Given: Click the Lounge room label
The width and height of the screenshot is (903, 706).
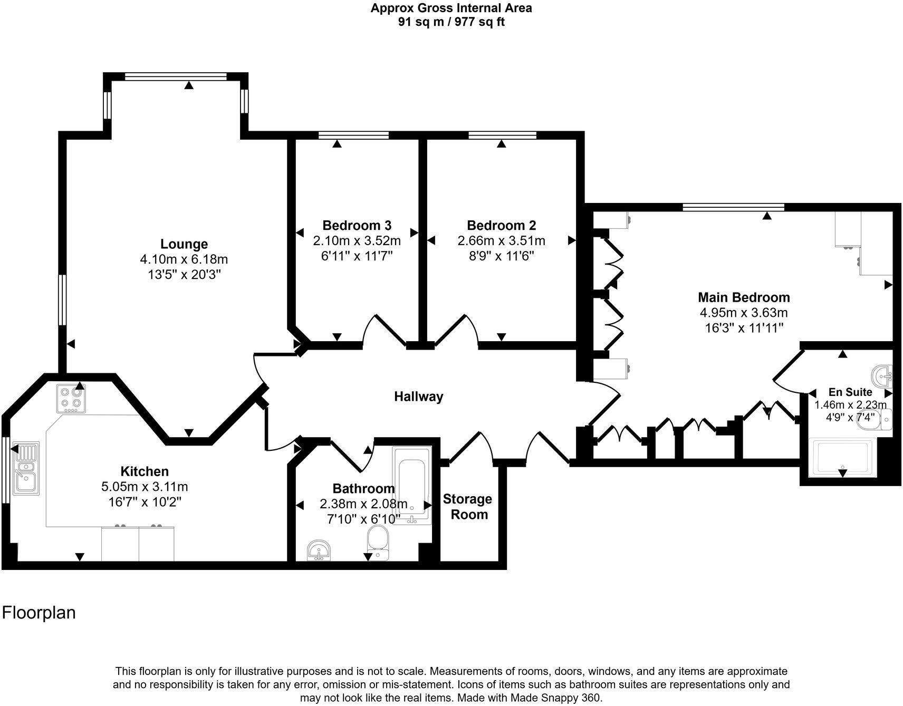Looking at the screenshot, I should (184, 244).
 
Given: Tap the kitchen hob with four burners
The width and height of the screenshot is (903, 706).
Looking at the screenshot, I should (71, 399).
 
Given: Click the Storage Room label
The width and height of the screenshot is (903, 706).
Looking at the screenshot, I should (467, 507).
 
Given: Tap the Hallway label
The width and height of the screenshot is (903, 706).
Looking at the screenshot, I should (418, 396).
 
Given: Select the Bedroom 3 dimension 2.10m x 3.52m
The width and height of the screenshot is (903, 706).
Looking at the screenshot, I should (357, 241).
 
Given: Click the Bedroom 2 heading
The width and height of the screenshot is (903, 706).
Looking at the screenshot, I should (501, 226).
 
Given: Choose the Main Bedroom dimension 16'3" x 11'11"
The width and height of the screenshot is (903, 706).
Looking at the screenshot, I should (744, 327).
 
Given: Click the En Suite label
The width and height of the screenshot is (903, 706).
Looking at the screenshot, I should (850, 392).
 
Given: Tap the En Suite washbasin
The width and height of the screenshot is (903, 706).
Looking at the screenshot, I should (882, 375).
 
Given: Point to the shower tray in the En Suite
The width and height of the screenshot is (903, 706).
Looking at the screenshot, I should (842, 457).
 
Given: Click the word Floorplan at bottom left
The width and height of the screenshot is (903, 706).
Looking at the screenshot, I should (39, 613).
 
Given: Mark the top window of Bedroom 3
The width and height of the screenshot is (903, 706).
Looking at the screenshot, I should (353, 136).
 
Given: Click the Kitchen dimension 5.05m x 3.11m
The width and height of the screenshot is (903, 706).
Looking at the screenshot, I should (145, 486).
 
